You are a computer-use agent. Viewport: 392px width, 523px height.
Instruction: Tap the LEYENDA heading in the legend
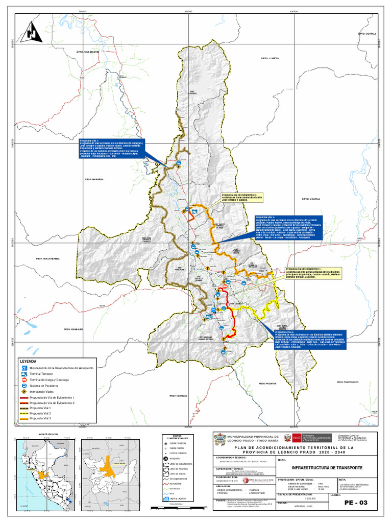(x=25, y=361)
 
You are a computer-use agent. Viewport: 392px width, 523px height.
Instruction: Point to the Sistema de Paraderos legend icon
(x=24, y=386)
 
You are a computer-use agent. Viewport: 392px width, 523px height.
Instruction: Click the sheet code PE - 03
(x=356, y=503)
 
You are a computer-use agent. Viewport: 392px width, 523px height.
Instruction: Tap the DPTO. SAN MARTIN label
(x=87, y=52)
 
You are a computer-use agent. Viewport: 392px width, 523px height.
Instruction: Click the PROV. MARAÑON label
(x=94, y=179)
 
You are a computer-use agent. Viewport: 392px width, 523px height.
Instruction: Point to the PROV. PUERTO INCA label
(x=349, y=382)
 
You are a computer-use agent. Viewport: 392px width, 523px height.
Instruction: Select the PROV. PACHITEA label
(x=267, y=383)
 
